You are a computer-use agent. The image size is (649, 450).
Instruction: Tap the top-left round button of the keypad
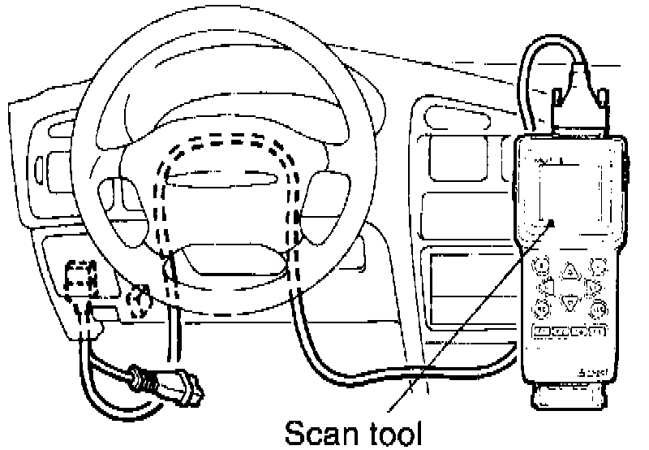(x=538, y=266)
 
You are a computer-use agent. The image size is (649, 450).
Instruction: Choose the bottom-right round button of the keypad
(x=599, y=309)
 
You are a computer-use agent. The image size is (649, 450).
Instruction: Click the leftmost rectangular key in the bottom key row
(x=540, y=331)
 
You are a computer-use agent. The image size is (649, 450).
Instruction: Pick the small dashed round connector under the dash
(x=139, y=301)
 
